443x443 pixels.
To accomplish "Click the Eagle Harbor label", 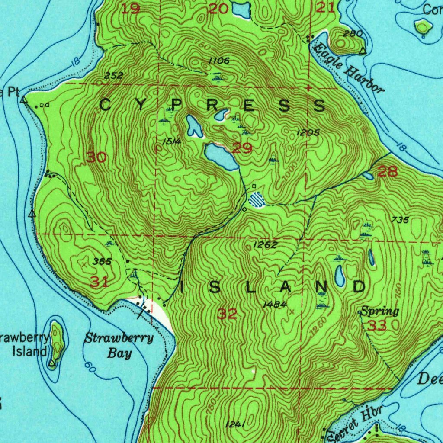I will [348, 68].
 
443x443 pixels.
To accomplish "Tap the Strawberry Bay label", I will [119, 345].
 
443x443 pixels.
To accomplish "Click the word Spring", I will [379, 311].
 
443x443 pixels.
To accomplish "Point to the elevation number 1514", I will [171, 141].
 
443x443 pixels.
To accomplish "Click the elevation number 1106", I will [218, 61].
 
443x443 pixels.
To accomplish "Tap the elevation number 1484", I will [275, 305].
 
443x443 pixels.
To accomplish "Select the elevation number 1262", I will [265, 245].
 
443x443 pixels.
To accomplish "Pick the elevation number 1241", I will [236, 424].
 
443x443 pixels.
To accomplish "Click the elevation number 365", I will [103, 261].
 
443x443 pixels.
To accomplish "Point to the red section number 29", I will [242, 148].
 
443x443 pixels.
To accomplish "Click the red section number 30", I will [96, 157].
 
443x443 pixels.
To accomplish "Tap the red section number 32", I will [228, 314].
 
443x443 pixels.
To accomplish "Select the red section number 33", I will [377, 325].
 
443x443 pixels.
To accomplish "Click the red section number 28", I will [387, 172].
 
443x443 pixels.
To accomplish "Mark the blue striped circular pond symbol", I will [257, 199].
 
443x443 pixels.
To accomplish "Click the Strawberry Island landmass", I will [57, 342].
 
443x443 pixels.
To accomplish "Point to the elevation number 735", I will [400, 220].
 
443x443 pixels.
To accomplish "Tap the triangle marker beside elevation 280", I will [363, 51].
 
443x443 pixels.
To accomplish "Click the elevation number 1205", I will [308, 133].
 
